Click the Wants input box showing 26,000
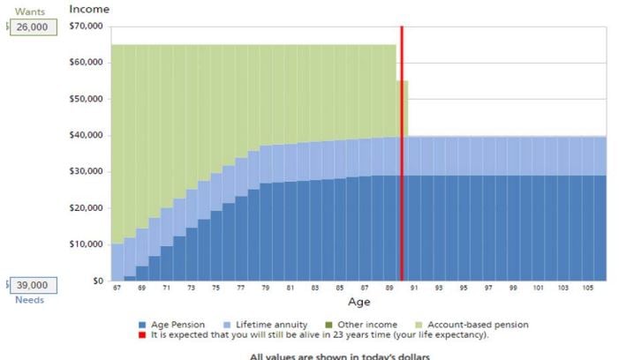point(34,27)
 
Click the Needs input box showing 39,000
point(34,286)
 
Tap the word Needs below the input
point(29,300)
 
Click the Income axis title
point(89,9)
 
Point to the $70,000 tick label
point(86,26)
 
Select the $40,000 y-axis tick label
point(86,135)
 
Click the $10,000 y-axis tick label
point(86,244)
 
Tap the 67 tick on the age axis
point(117,289)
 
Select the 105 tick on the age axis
point(587,289)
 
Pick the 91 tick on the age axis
point(414,289)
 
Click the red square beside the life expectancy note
point(143,334)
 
